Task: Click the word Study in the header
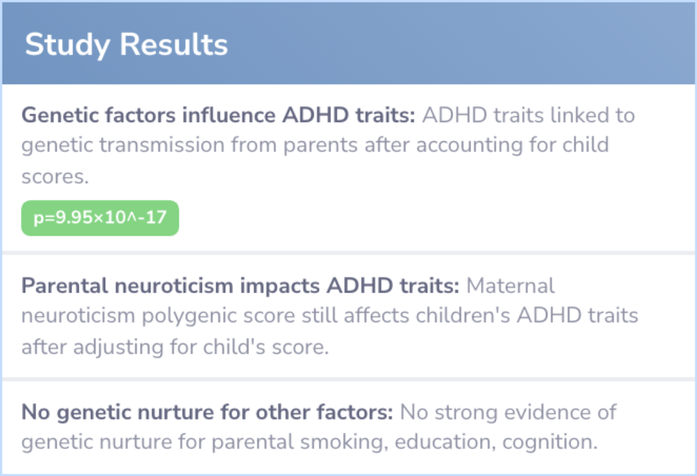tap(67, 45)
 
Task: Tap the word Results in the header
tap(174, 45)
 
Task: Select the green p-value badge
tap(100, 218)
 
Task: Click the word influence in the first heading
tap(228, 115)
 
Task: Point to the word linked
tap(580, 115)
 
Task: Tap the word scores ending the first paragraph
tap(55, 177)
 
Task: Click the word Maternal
tap(510, 285)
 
